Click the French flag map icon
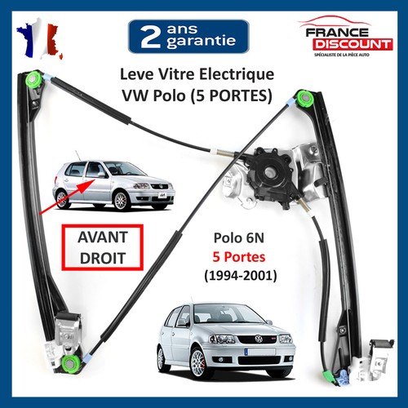point(40,39)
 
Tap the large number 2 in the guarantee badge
point(150,37)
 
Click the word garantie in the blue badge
point(201,42)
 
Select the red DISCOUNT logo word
point(353,44)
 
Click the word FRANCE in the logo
point(337,33)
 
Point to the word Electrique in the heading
point(237,74)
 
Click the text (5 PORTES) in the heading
point(231,95)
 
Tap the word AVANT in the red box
point(103,237)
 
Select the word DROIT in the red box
point(103,258)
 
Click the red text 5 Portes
point(239,257)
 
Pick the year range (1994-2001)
point(241,276)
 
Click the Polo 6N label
point(239,237)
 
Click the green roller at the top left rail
point(33,79)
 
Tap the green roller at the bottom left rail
point(70,363)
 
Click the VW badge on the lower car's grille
point(259,339)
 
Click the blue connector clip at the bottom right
point(344,377)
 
